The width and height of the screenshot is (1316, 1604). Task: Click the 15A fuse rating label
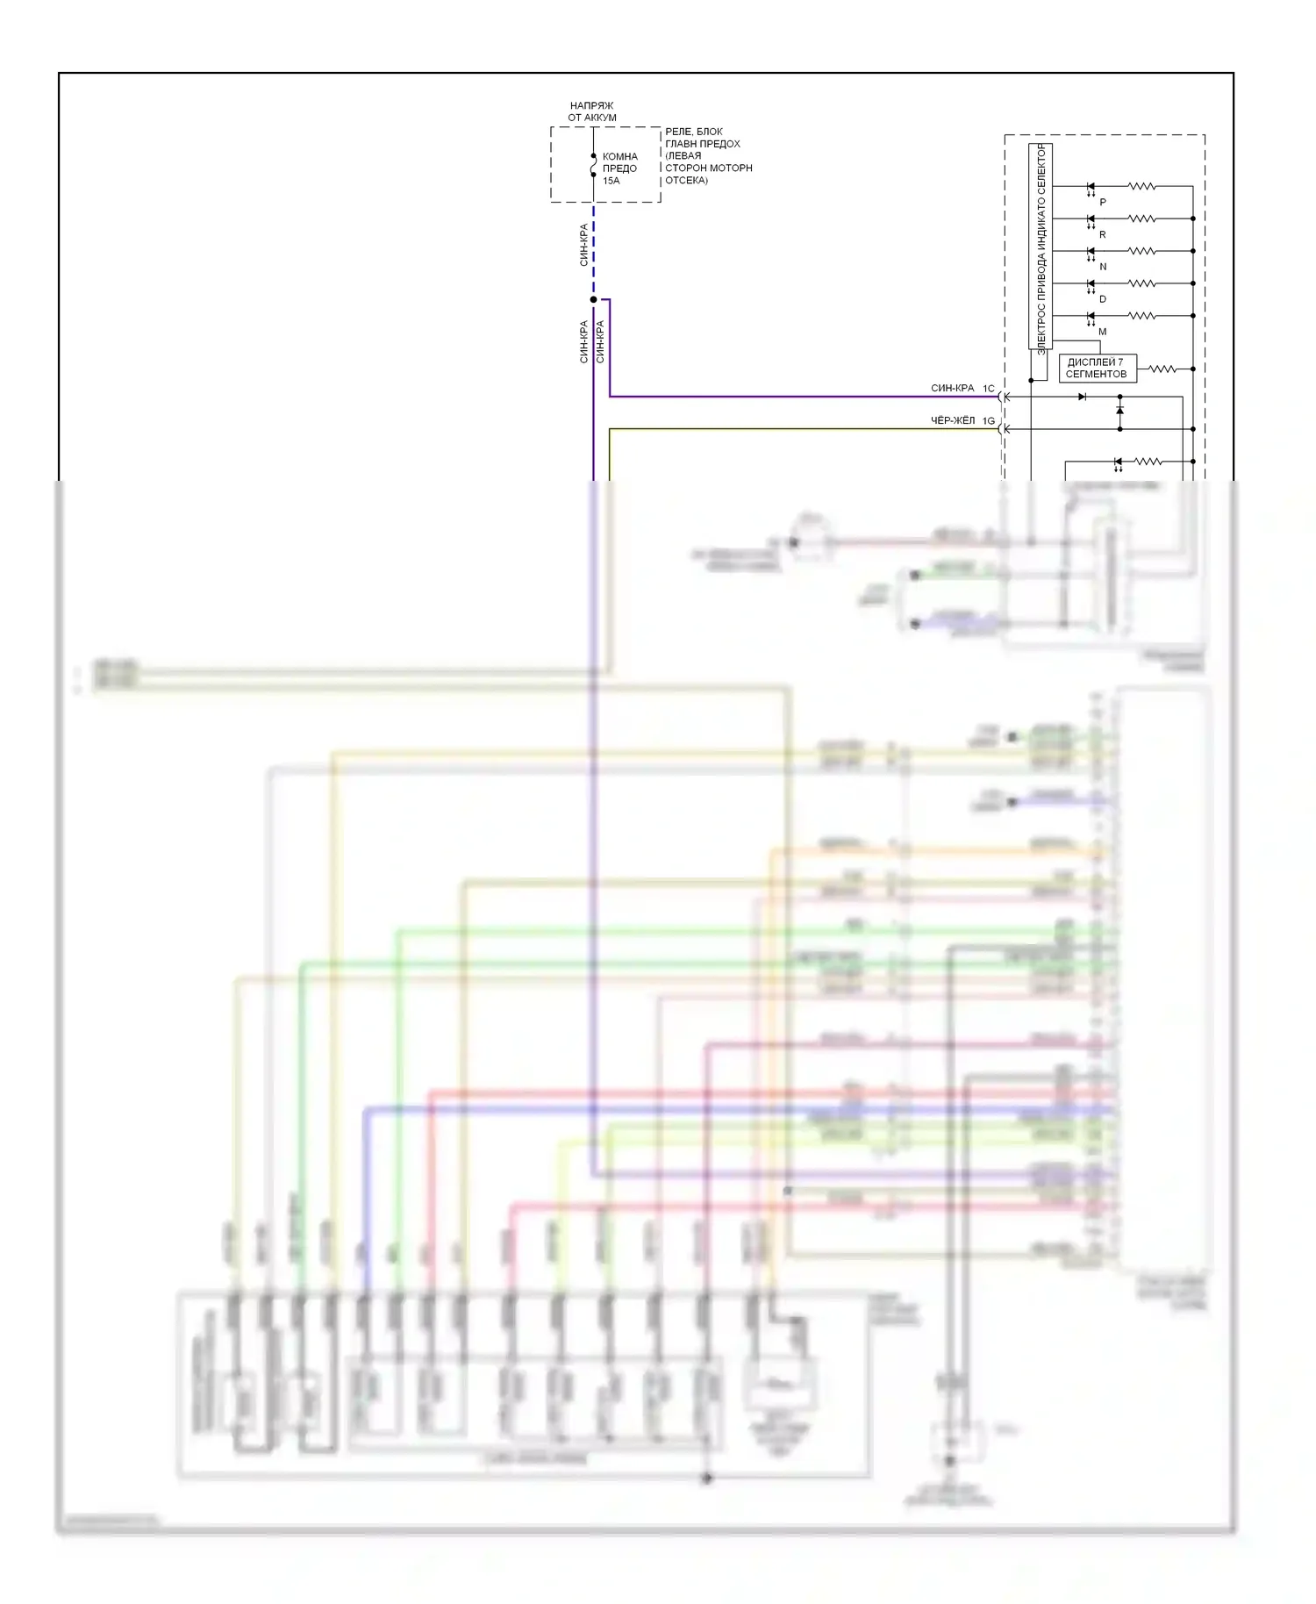611,181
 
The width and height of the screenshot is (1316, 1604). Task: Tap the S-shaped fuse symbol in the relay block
594,165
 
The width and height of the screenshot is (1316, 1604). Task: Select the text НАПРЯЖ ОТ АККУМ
592,111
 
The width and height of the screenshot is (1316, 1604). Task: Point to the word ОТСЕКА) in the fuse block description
686,180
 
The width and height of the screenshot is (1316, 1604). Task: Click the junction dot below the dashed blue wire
594,299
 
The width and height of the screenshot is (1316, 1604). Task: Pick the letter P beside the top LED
1103,203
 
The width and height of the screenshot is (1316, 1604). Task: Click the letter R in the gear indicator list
1103,235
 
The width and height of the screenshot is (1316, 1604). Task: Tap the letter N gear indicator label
1103,267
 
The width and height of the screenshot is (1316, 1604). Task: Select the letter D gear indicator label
1103,299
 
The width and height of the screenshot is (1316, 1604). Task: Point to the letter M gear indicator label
1103,332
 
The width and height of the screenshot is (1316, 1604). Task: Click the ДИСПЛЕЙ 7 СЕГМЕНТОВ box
1097,369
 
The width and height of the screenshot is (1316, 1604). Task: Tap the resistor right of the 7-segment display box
1163,369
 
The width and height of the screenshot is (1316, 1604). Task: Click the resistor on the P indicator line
1141,186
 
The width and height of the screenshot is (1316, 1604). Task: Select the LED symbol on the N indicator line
1091,252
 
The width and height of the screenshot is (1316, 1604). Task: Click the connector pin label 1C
989,388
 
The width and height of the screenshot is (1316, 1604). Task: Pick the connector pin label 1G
989,421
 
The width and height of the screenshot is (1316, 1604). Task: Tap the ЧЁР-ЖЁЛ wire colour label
952,420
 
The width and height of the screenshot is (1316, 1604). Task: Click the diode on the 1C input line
1082,397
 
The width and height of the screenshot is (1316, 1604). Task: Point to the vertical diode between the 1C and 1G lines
1119,410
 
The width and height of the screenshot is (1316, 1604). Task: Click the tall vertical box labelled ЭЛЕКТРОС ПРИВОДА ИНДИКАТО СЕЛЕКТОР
1041,247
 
